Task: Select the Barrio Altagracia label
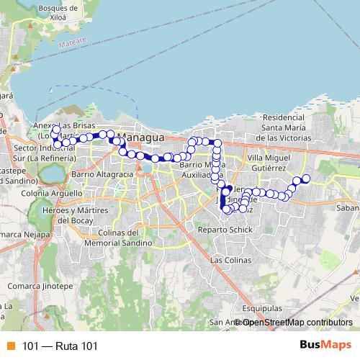coord(103,174)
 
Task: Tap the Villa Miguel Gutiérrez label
coord(269,162)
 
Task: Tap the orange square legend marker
coord(11,346)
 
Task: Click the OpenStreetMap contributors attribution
coord(297,322)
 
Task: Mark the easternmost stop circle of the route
coord(305,178)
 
